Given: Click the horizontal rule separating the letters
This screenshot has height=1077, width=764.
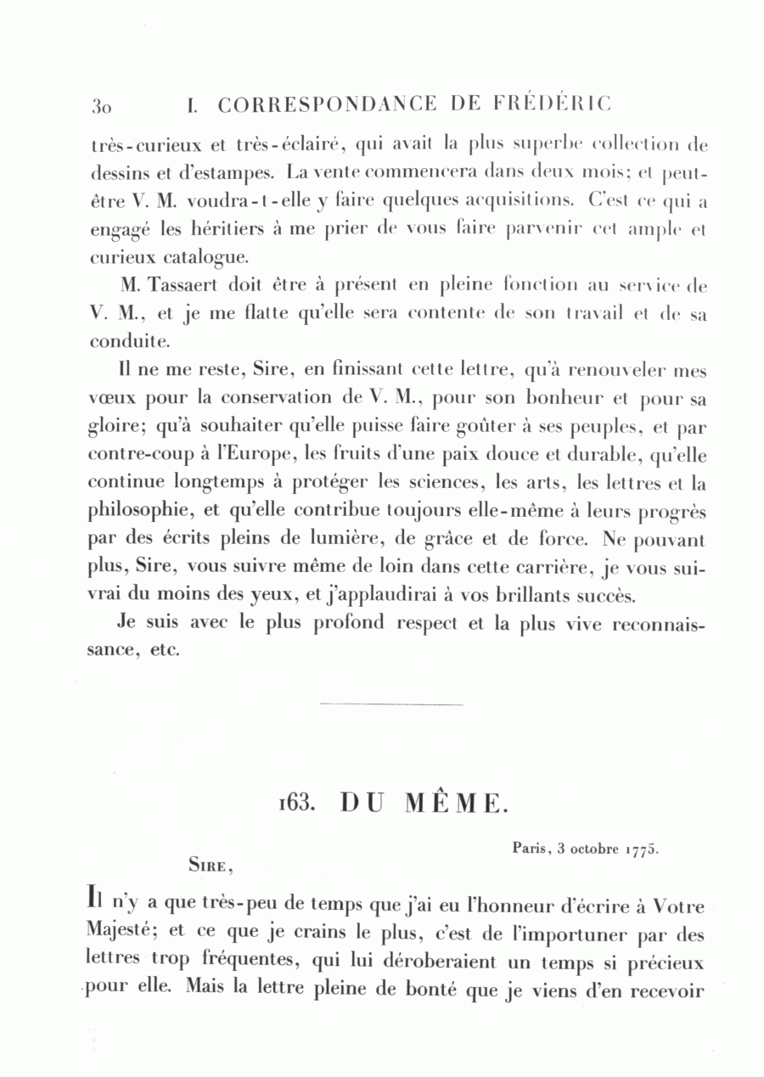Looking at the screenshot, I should [391, 704].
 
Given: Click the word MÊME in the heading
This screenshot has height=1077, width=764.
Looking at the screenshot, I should [454, 802].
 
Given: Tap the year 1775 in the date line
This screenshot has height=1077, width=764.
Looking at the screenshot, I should [643, 849].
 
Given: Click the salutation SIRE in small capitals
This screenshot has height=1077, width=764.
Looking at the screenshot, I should [209, 867].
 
